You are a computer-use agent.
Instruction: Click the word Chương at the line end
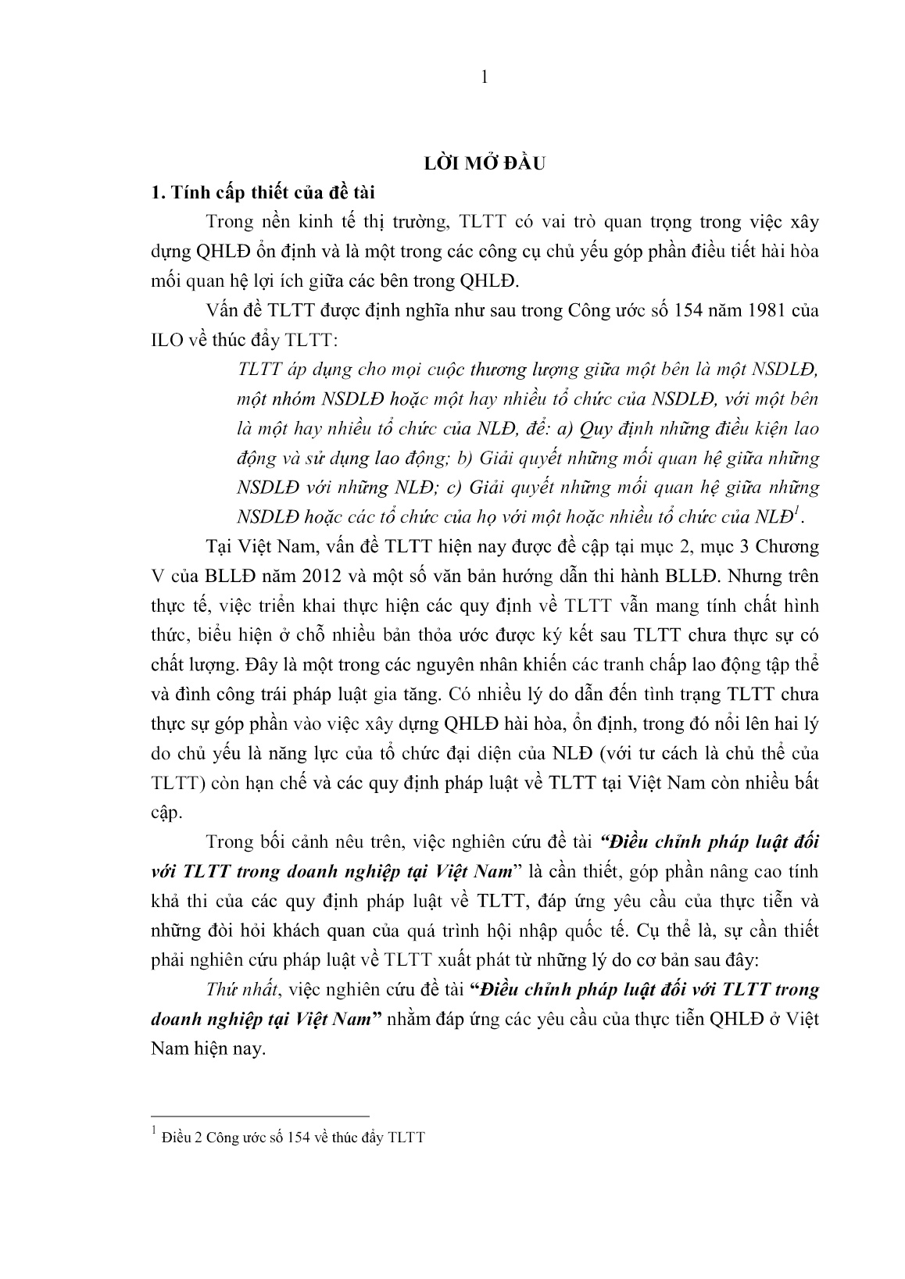tap(785, 546)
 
